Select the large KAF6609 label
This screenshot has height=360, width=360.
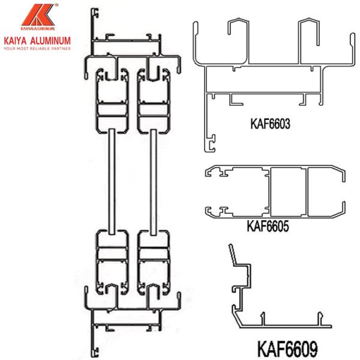pos(287,347)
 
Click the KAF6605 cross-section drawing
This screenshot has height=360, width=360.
pos(276,192)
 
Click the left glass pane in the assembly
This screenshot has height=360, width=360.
pos(112,180)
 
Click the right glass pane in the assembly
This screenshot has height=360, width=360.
pos(152,180)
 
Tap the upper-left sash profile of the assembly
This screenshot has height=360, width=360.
pos(112,99)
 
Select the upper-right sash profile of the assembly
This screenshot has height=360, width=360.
pos(152,99)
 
